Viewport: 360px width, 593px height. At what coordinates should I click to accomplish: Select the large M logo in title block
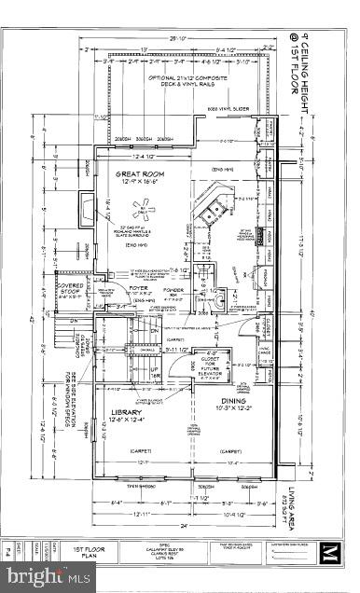click(x=328, y=556)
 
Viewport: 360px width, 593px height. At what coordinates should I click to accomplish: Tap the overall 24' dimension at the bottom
click(x=172, y=526)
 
